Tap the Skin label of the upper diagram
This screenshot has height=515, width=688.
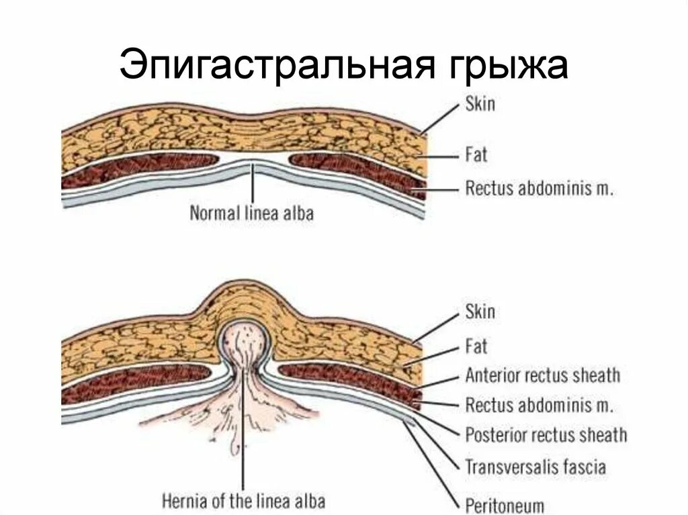click(480, 105)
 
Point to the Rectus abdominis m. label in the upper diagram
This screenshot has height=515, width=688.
click(540, 189)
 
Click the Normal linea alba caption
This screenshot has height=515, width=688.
click(252, 214)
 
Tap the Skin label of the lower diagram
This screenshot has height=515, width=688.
click(480, 312)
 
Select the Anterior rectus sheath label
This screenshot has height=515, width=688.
click(542, 375)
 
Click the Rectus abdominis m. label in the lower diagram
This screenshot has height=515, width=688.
click(540, 406)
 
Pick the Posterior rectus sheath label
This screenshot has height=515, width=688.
click(546, 435)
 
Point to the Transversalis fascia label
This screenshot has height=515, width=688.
click(535, 466)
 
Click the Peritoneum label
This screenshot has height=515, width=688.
click(505, 504)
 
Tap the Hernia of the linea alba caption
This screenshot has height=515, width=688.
click(244, 501)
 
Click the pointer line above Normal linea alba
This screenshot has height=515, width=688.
click(253, 185)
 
